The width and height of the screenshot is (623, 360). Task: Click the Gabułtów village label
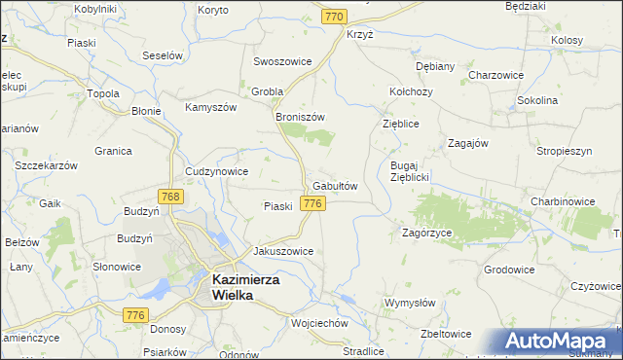click(336, 186)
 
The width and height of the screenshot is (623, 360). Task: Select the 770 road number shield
click(336, 17)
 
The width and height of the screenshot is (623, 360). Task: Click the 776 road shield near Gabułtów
click(312, 202)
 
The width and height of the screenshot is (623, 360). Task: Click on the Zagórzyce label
click(426, 234)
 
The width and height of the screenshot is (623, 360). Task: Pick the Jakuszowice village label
click(283, 250)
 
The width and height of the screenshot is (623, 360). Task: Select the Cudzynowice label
click(216, 171)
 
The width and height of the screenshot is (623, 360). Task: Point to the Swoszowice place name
click(282, 60)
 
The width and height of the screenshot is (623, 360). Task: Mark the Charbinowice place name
click(563, 201)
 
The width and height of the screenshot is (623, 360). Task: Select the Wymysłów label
click(410, 303)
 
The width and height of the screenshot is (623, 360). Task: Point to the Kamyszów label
click(211, 106)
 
